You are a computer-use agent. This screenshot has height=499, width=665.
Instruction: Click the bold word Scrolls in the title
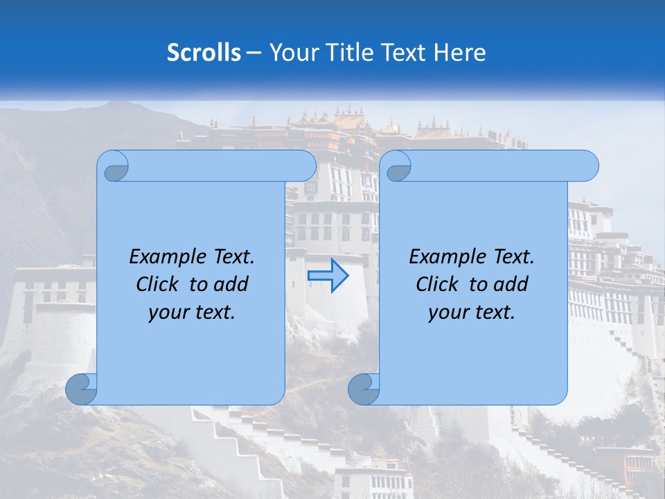point(204,53)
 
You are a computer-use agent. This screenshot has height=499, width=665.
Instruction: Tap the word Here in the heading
point(459,53)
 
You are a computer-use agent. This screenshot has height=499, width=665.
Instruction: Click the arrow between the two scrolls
point(328,275)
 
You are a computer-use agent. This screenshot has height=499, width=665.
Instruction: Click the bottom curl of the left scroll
point(82,389)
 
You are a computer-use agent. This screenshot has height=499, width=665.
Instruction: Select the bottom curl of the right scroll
point(364,389)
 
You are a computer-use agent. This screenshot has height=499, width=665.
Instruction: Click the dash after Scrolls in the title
point(254,53)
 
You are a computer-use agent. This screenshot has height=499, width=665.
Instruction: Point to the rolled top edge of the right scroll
point(499,166)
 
